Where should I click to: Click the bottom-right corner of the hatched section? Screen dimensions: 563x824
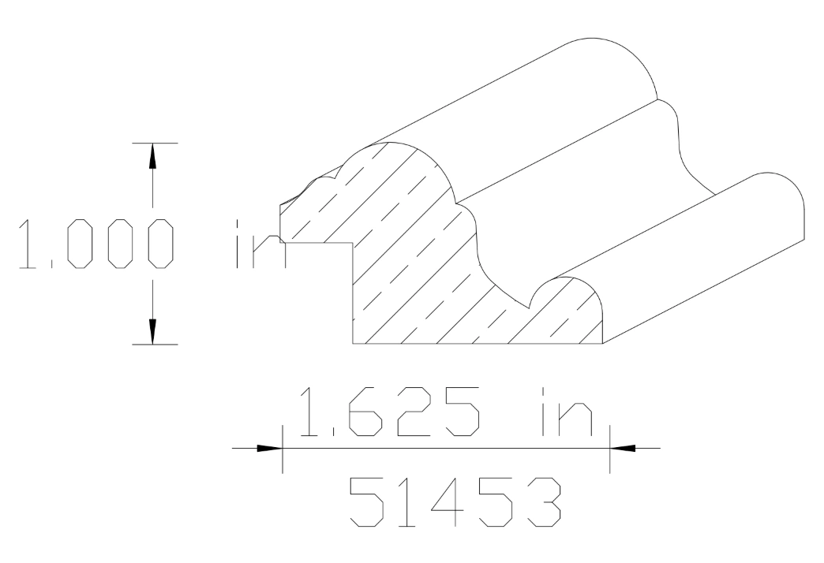point(602,344)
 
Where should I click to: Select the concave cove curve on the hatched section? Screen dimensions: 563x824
point(493,268)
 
